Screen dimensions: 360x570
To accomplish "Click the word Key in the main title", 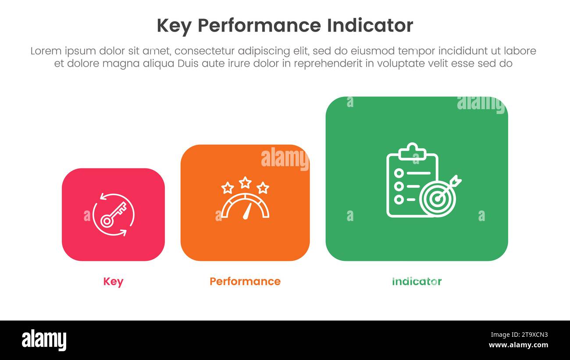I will click(174, 26).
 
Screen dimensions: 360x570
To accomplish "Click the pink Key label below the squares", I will click(113, 282).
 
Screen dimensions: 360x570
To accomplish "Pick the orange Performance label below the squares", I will click(245, 282).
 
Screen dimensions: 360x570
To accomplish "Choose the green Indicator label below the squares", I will click(417, 282).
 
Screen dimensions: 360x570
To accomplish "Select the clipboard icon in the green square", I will click(408, 180).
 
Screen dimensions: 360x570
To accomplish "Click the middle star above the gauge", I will click(245, 182).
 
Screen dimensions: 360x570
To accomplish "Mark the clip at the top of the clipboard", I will click(412, 150).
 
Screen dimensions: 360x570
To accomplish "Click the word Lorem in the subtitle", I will click(46, 51).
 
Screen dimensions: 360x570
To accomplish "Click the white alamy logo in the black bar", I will click(44, 340).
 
